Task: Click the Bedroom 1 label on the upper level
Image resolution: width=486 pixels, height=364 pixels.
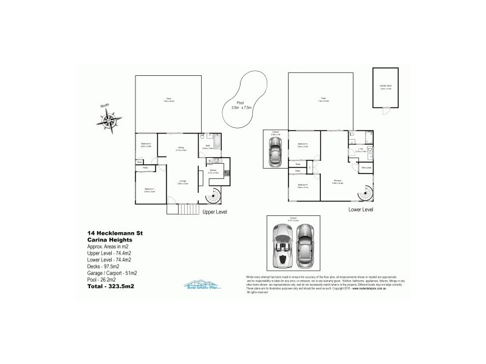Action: [x=150, y=189]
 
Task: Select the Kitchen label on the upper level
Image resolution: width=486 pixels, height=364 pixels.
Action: [x=213, y=172]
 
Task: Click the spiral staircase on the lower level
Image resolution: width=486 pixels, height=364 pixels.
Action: [x=366, y=193]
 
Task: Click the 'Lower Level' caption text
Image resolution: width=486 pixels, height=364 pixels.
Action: [x=360, y=210]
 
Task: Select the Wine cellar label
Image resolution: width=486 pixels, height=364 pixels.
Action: [x=366, y=167]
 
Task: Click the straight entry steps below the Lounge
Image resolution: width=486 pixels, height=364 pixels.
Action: [x=183, y=209]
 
